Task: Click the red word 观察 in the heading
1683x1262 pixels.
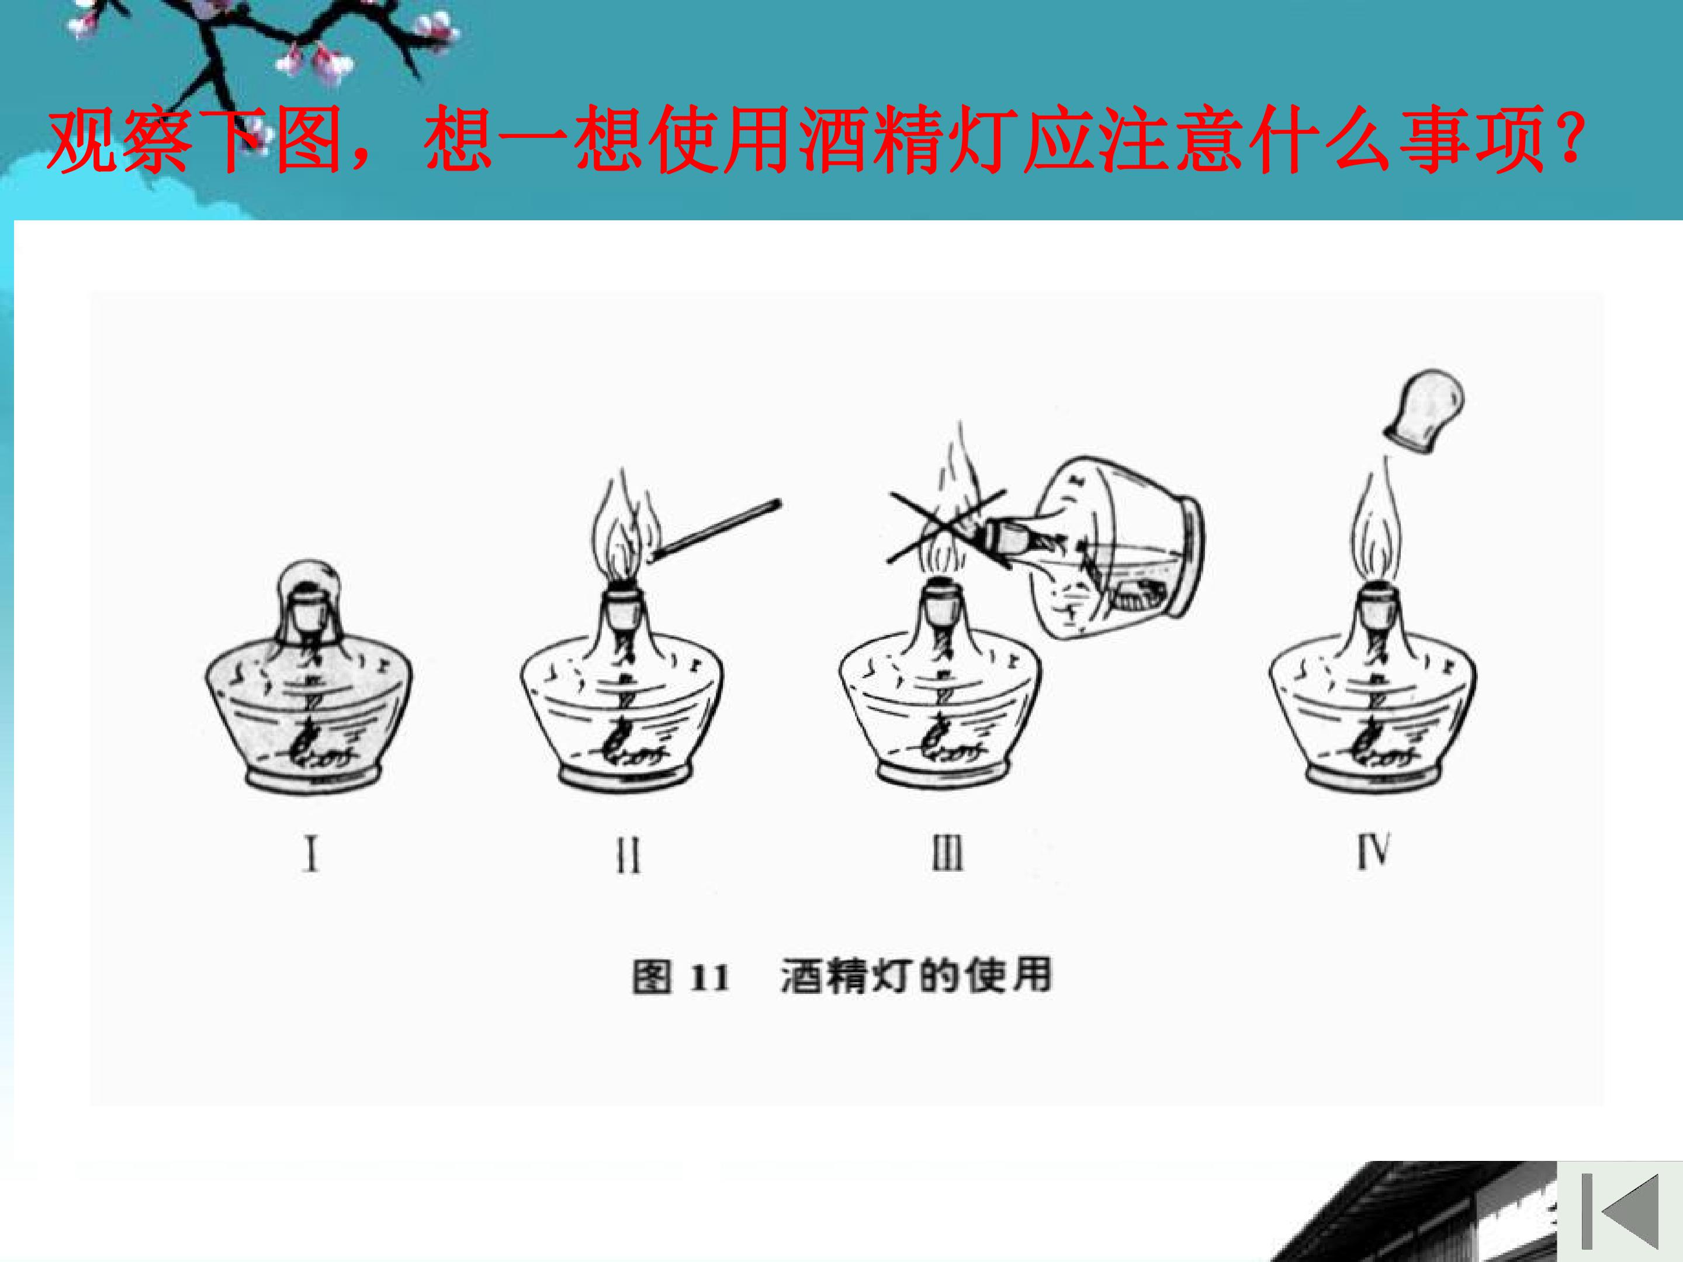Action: click(118, 141)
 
